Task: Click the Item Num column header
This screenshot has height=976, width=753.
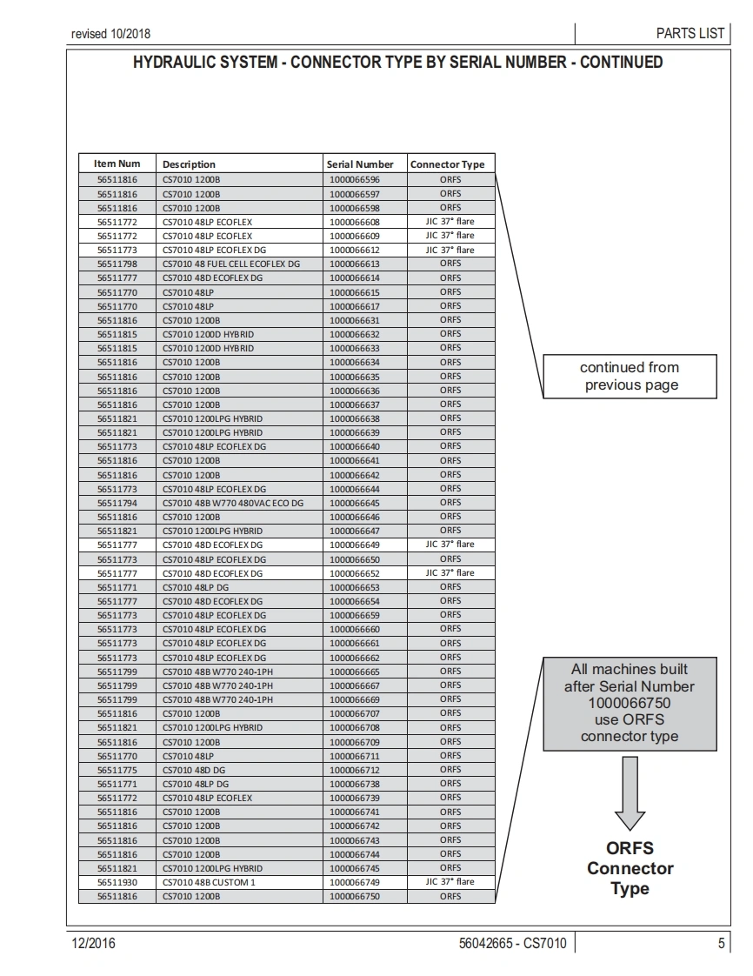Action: click(117, 164)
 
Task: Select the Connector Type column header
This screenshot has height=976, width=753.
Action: click(447, 164)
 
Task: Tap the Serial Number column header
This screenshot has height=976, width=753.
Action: click(360, 164)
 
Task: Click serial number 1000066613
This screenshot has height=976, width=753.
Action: click(355, 264)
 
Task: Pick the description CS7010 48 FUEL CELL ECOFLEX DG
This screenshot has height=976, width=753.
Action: click(231, 264)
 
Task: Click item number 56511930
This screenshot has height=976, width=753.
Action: click(117, 882)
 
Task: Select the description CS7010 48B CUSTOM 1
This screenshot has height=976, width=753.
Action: click(209, 882)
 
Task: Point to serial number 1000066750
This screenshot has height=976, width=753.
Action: click(355, 896)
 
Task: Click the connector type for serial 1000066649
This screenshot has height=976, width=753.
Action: click(450, 545)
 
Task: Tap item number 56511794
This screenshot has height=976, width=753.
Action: click(117, 503)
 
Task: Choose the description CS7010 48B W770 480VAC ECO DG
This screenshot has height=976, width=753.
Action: click(233, 503)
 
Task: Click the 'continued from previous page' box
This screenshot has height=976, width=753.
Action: click(630, 377)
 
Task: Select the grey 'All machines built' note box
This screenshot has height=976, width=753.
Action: click(630, 703)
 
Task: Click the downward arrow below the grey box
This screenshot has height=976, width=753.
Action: click(630, 793)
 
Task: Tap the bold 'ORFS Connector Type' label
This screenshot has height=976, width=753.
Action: click(630, 868)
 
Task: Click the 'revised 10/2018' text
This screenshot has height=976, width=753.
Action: click(110, 34)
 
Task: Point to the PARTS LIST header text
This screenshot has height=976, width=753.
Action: click(690, 33)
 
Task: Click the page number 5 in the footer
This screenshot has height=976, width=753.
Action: click(722, 943)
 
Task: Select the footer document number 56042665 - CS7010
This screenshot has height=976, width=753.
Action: click(512, 943)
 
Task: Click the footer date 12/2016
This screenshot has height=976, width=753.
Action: click(93, 943)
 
